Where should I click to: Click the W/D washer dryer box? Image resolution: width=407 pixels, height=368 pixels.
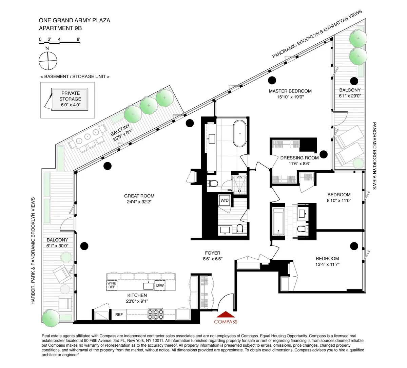pos(225,200)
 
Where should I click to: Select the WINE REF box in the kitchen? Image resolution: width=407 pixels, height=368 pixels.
pos(112,285)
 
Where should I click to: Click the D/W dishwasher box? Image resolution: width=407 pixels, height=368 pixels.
pos(160,285)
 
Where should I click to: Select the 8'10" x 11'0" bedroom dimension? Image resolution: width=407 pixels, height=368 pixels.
pos(339,200)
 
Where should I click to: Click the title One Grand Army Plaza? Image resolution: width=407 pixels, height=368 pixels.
pos(74,20)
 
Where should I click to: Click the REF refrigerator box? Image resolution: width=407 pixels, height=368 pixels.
pos(119,315)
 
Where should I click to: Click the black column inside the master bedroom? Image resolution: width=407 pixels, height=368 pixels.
pos(272,81)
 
